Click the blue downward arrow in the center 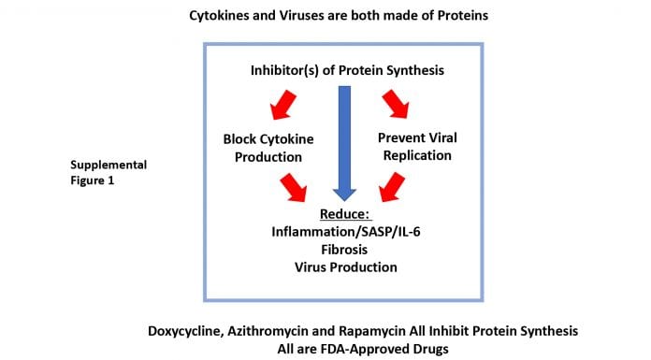pos(344,143)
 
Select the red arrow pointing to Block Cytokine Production pos(282,105)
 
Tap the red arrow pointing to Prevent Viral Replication pos(396,104)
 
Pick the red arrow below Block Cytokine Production pos(294,188)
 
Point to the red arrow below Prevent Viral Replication pos(392,187)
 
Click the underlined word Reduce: pos(344,214)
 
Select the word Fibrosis pos(344,250)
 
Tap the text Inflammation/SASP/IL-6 pos(346,232)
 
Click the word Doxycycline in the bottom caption pos(185,331)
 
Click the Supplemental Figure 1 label pos(108,173)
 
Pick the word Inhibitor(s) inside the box pos(284,70)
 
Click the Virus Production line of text pos(346,267)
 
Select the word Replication pos(417,156)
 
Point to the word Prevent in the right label pos(399,137)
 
